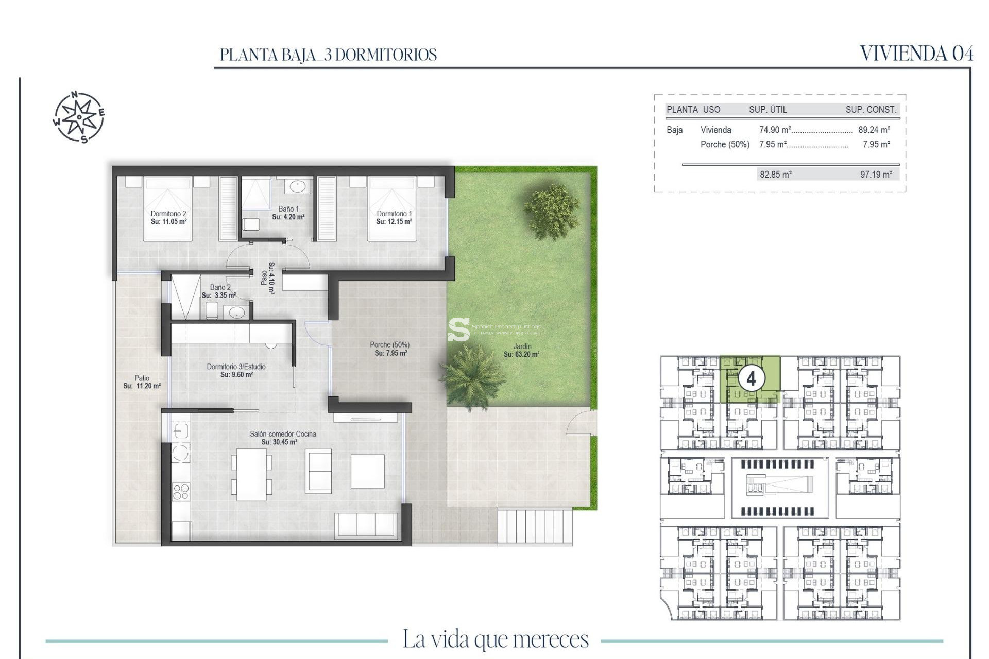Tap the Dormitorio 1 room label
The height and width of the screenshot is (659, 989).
pyautogui.click(x=394, y=214)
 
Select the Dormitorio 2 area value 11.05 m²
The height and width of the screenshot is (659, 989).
pyautogui.click(x=168, y=222)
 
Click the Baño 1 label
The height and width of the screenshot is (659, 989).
pyautogui.click(x=288, y=209)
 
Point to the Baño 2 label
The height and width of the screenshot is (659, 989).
pyautogui.click(x=220, y=287)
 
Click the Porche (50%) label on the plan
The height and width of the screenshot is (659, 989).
pyautogui.click(x=389, y=345)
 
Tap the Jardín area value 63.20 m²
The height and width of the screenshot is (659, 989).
pyautogui.click(x=521, y=354)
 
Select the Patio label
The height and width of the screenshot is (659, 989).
pyautogui.click(x=142, y=378)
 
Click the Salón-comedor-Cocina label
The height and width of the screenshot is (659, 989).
pyautogui.click(x=283, y=434)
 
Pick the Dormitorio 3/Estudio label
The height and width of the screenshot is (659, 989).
pyautogui.click(x=236, y=367)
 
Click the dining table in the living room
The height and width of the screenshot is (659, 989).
pyautogui.click(x=251, y=474)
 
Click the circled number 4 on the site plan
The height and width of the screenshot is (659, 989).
pyautogui.click(x=751, y=378)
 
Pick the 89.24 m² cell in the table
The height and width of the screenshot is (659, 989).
pyautogui.click(x=874, y=130)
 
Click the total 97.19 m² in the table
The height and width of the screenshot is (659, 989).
pyautogui.click(x=876, y=175)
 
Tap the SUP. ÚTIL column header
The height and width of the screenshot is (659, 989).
pyautogui.click(x=768, y=109)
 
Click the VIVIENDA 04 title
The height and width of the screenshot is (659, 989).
pyautogui.click(x=916, y=54)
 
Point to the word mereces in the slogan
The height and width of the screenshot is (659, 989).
pyautogui.click(x=551, y=639)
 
